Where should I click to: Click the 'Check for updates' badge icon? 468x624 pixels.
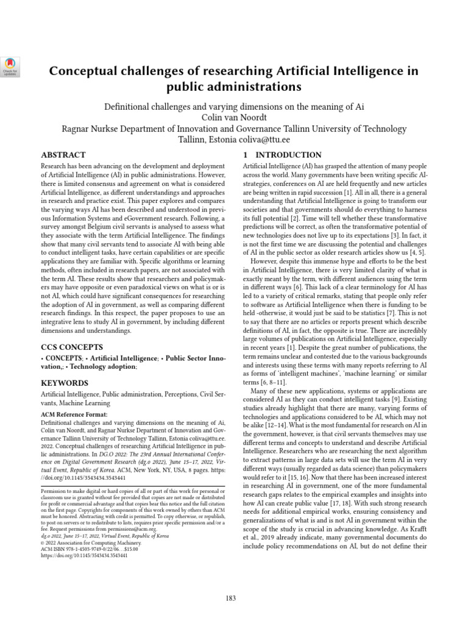12,66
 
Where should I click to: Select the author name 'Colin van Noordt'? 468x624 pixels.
234,118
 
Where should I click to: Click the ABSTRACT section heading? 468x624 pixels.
63,155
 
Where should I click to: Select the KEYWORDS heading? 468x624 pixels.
64,383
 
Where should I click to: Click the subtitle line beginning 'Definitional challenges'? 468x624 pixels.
234,107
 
